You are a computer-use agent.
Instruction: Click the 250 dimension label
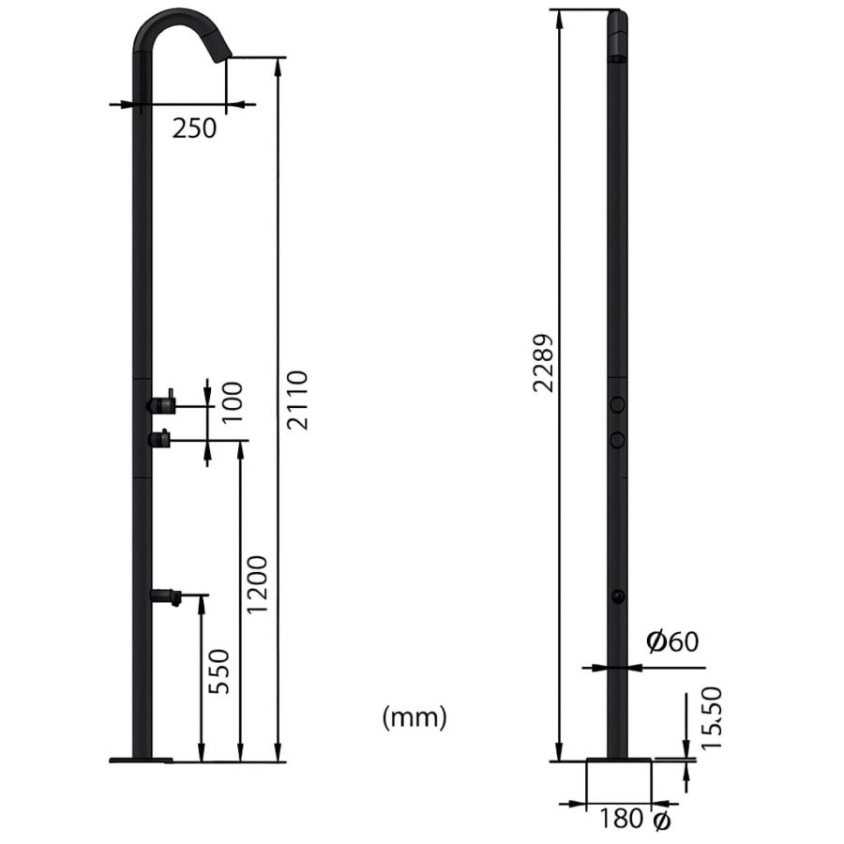coord(194,128)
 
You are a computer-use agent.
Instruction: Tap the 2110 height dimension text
coord(296,399)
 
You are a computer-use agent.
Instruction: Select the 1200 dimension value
coord(256,584)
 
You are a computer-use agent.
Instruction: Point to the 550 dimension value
coord(219,671)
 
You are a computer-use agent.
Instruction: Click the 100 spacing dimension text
coord(232,402)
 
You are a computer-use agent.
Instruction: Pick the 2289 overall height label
coord(543,363)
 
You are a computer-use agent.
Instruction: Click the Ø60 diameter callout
coord(672,641)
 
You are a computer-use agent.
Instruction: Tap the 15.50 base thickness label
coord(711,717)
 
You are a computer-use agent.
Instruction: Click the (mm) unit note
coord(414,717)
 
